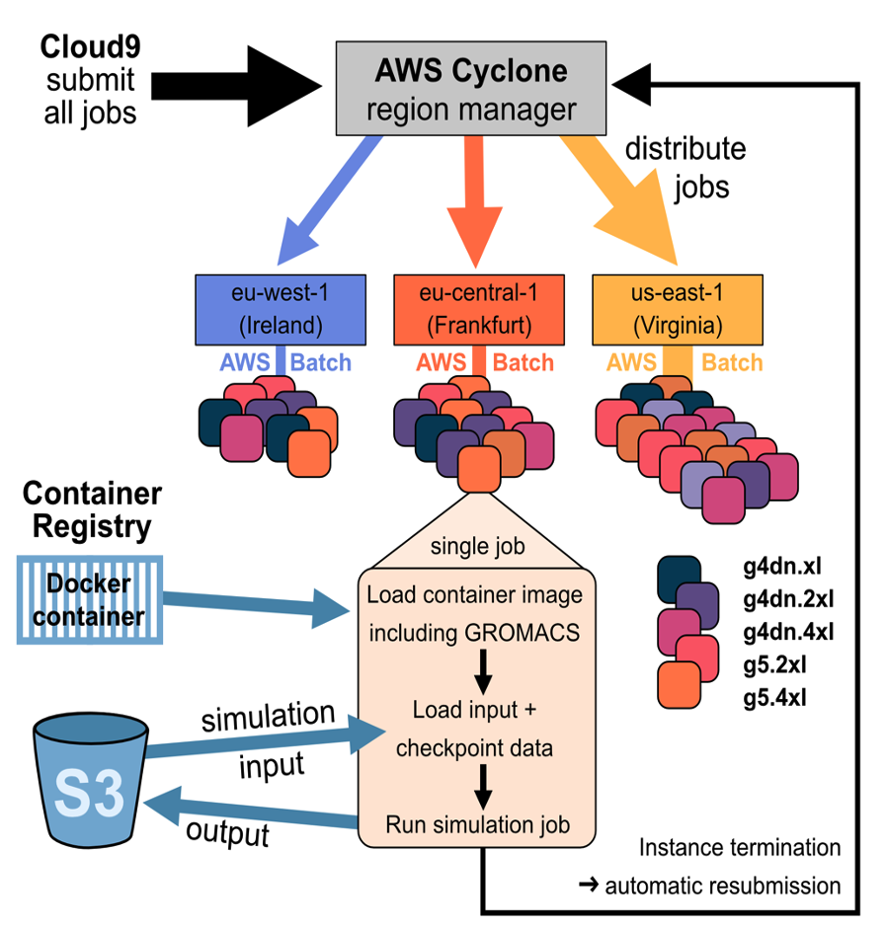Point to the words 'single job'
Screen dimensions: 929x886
pyautogui.click(x=477, y=546)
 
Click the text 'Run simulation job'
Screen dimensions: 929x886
pyautogui.click(x=477, y=825)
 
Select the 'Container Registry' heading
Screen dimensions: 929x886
pyautogui.click(x=92, y=508)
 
